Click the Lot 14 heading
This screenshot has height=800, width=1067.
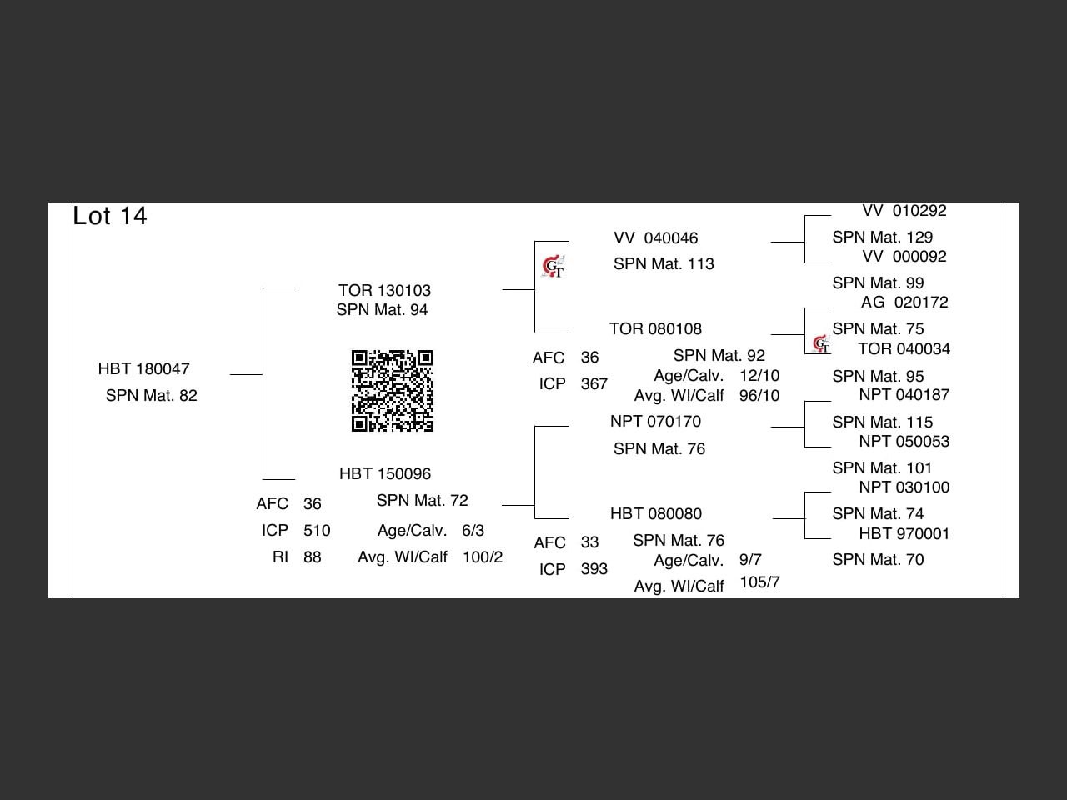click(110, 216)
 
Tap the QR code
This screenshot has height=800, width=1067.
click(393, 391)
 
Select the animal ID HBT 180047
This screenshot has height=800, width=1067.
click(144, 368)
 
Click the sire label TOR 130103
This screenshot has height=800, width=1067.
click(384, 290)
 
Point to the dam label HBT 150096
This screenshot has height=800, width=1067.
click(385, 473)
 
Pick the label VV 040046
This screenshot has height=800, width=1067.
click(655, 238)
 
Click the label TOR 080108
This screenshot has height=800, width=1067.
click(655, 328)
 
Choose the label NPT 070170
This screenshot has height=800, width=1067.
click(655, 421)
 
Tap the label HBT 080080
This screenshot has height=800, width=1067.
click(655, 513)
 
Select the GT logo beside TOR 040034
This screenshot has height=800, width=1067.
click(822, 343)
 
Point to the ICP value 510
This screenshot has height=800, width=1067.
click(317, 530)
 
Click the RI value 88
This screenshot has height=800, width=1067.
click(313, 557)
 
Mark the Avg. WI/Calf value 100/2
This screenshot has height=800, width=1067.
click(483, 557)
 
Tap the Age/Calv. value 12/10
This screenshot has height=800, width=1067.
click(759, 375)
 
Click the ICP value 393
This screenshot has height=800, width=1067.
click(594, 569)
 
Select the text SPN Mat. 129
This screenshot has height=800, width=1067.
click(882, 237)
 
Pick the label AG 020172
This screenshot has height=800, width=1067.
click(904, 302)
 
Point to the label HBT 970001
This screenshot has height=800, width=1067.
click(904, 533)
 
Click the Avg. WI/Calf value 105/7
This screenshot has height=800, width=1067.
click(759, 582)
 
